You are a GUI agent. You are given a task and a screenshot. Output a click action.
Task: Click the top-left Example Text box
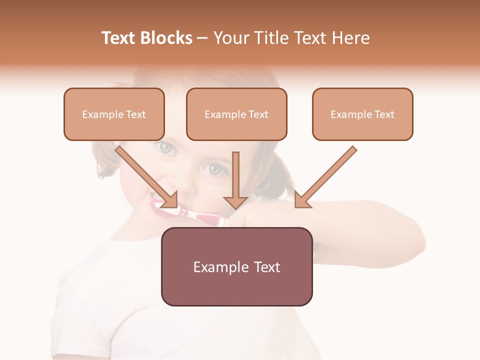[x=114, y=114]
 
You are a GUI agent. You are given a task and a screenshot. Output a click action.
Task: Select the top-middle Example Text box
[x=236, y=114]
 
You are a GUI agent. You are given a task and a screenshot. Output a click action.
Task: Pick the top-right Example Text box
[x=362, y=114]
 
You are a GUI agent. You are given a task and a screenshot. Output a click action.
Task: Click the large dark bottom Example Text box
[x=236, y=266]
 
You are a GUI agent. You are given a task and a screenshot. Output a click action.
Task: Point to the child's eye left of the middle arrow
[x=214, y=169]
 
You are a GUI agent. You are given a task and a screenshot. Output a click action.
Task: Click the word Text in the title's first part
[x=120, y=38]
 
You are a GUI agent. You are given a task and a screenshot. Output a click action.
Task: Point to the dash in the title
[x=202, y=38]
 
